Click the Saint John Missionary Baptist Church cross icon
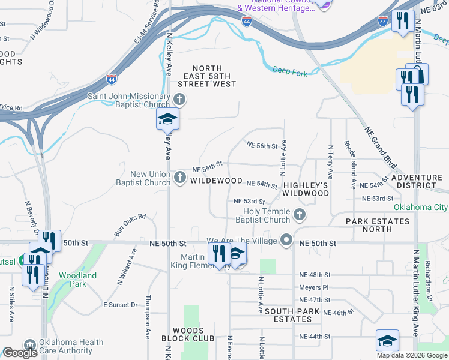click(x=179, y=99)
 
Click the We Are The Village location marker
click(x=287, y=241)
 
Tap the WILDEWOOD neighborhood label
click(x=216, y=181)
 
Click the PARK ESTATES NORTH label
click(x=378, y=226)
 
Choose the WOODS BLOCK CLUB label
click(x=188, y=334)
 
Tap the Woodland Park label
click(x=77, y=280)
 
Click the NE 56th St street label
click(x=262, y=145)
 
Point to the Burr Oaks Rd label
click(x=130, y=224)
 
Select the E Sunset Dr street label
click(x=121, y=305)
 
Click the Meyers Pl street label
click(x=313, y=287)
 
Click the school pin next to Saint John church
click(x=168, y=120)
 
